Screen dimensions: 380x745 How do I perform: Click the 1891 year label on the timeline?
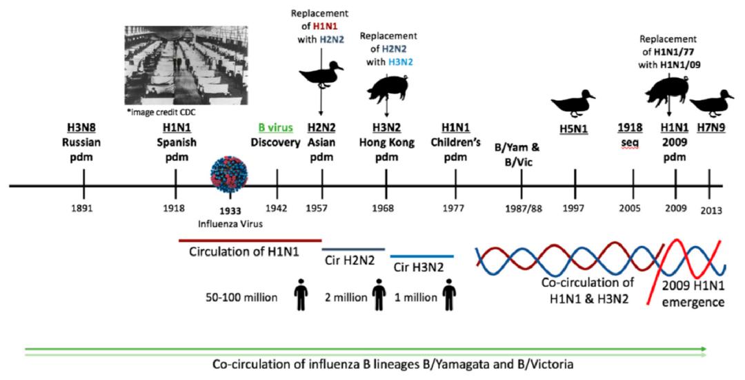(84, 207)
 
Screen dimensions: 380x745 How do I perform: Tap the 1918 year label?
(176, 207)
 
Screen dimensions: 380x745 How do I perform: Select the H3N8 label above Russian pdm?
(83, 129)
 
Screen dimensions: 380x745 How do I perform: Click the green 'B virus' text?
(275, 129)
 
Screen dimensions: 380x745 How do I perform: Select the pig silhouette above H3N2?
(386, 87)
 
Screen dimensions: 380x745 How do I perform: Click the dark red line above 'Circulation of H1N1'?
(250, 240)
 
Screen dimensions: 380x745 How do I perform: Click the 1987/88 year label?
(521, 208)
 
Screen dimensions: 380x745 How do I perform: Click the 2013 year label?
(708, 209)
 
